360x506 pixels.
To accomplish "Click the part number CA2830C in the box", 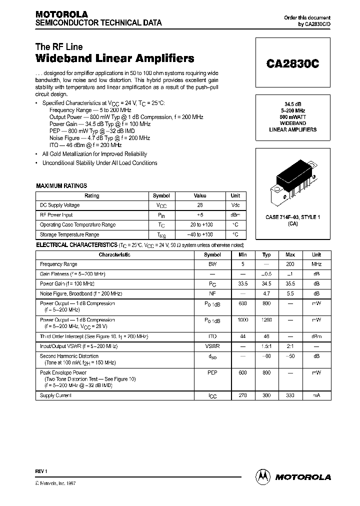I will coord(292,64).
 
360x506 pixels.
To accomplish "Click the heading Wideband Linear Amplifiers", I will coord(115,59).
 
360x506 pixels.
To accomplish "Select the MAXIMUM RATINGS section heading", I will coord(61,186).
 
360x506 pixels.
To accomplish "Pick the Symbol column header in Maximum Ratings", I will coord(161,196).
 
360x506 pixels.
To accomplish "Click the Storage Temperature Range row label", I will coord(69,234).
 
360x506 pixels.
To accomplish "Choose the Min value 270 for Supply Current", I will coord(242,395).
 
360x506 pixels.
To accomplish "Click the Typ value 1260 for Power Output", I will coord(266,319).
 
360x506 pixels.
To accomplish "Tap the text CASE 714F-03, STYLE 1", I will coord(292,217).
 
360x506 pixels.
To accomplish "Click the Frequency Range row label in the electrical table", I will coord(58,264).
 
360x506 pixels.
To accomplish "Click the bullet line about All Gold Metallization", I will coord(94,154).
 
